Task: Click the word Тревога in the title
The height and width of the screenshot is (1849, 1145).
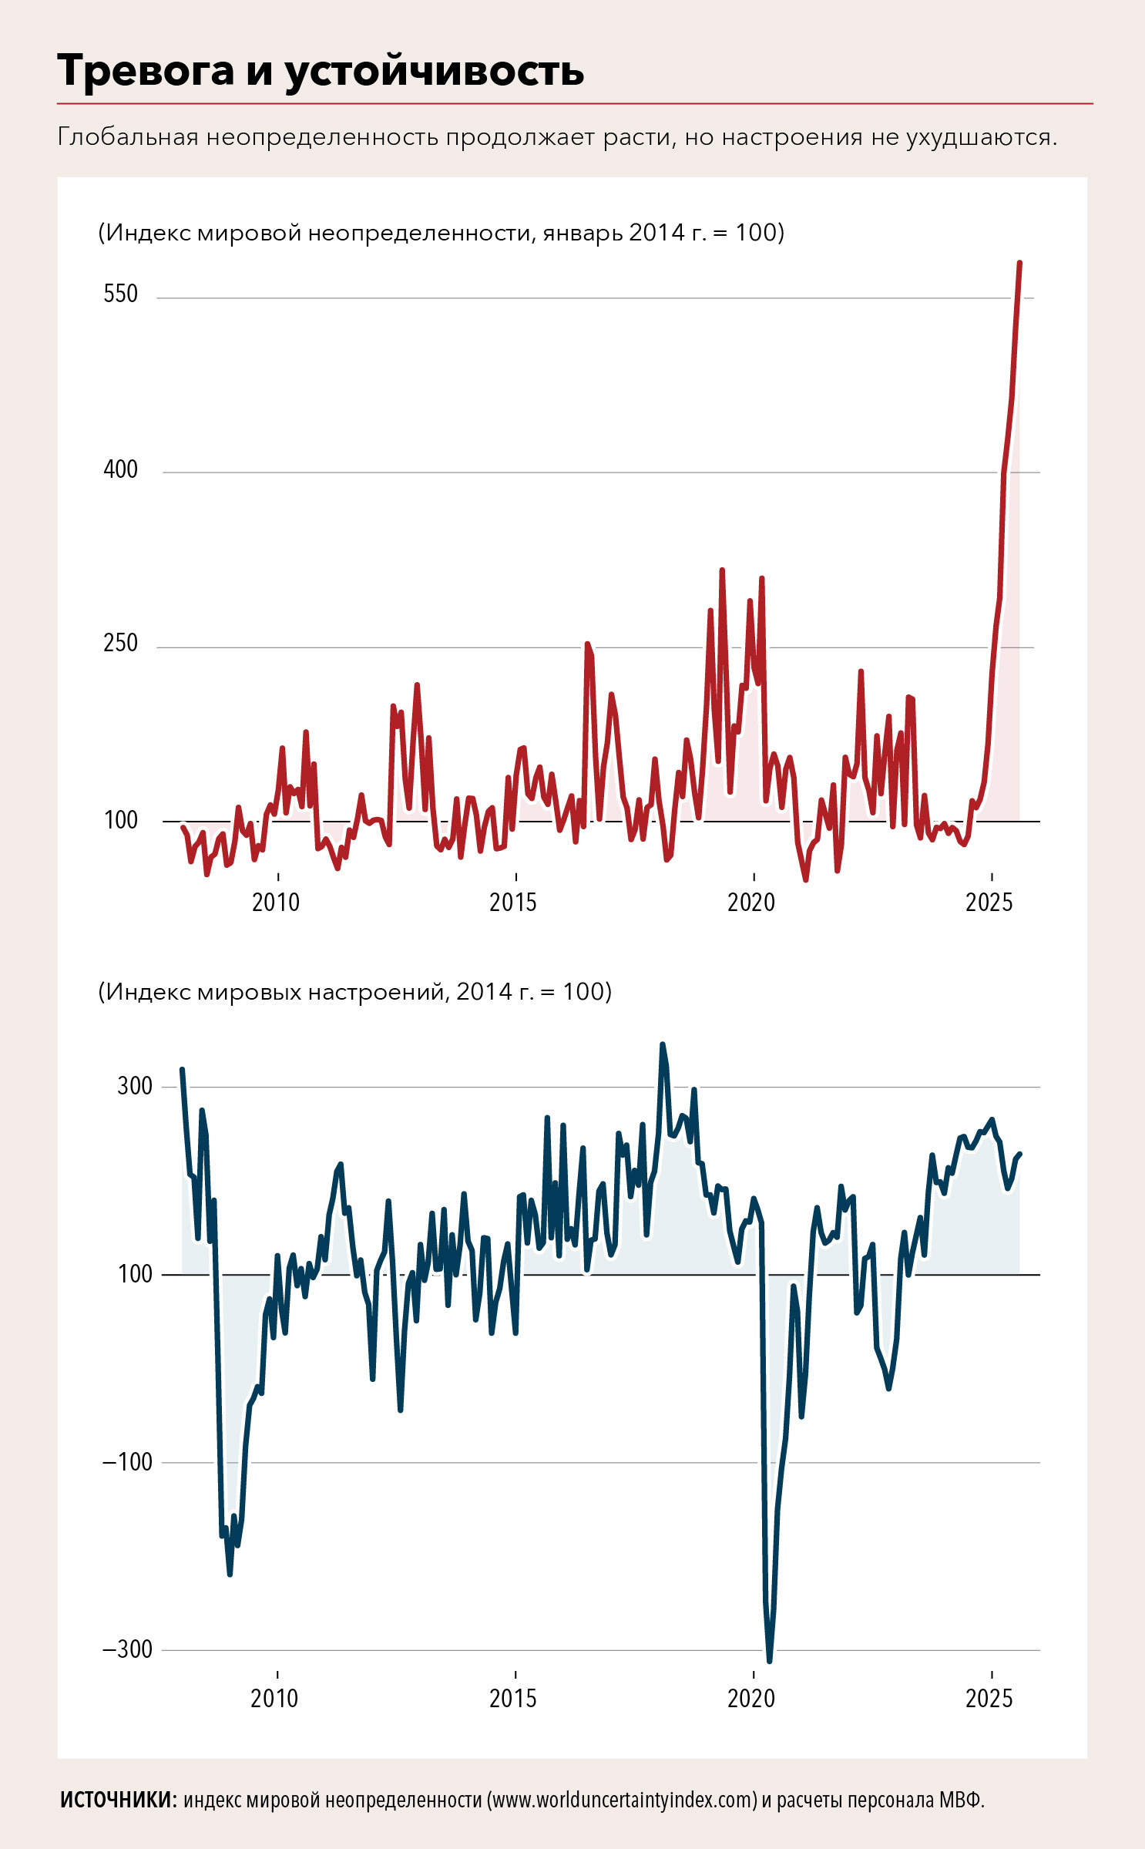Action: [146, 71]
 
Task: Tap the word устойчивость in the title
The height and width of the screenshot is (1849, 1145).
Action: [435, 72]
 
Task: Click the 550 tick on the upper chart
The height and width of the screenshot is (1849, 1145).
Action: [121, 294]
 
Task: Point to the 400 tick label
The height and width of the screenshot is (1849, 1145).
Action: [121, 469]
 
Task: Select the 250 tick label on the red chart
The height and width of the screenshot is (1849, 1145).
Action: [121, 643]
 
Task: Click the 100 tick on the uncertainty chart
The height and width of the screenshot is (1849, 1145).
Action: [121, 820]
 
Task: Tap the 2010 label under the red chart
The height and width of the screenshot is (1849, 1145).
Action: [276, 902]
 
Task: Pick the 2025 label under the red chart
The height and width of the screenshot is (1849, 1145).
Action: [989, 902]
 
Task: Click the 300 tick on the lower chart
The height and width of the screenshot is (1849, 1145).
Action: [135, 1086]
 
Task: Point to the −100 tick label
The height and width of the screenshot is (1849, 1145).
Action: [128, 1461]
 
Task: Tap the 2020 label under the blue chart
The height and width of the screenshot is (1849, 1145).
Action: [751, 1698]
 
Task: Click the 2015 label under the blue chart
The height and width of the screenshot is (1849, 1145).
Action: [513, 1698]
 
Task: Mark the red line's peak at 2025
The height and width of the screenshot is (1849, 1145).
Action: [1019, 264]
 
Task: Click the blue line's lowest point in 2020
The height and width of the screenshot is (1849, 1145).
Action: [769, 1660]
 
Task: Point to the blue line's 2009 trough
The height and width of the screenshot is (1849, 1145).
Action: [230, 1573]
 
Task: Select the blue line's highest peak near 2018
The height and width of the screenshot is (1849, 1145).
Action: [662, 1045]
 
